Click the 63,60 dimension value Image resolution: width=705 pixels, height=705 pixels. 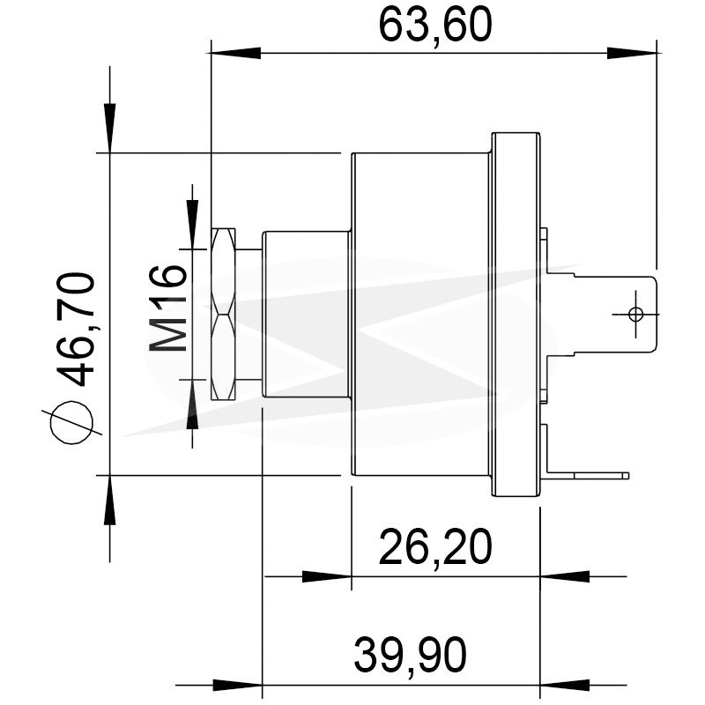[x=435, y=25]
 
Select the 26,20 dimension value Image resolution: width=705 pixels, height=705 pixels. [x=435, y=547]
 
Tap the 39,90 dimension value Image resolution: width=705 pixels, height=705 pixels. [x=410, y=655]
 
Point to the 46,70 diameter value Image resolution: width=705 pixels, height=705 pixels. [x=76, y=329]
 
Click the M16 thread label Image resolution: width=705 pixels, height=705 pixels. [x=167, y=308]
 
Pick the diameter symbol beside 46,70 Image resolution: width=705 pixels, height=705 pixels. [x=72, y=423]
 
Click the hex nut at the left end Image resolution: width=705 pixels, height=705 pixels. [x=223, y=314]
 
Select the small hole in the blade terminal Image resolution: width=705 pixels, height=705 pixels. [x=635, y=314]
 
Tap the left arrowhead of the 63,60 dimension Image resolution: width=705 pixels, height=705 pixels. [x=235, y=53]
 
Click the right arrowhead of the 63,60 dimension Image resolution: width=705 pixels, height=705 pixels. [x=632, y=53]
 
